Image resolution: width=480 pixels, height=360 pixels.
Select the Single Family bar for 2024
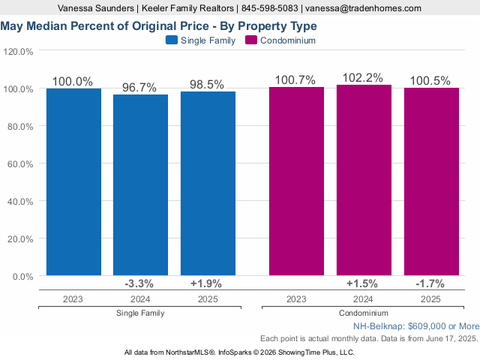(x=140, y=185)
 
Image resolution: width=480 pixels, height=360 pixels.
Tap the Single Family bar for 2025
(x=208, y=184)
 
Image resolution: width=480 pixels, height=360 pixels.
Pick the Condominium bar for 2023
(x=296, y=181)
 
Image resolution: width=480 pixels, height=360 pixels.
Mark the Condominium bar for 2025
(x=431, y=182)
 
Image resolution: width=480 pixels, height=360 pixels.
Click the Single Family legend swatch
(x=172, y=40)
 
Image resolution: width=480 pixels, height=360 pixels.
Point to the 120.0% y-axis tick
(x=19, y=52)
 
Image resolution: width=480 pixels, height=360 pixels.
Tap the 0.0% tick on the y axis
(x=23, y=277)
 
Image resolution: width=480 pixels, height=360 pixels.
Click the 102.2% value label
(x=364, y=78)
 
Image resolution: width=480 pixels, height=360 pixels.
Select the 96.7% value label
(x=140, y=88)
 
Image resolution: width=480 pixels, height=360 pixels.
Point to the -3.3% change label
(x=139, y=284)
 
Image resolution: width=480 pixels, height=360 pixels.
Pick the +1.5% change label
(x=364, y=284)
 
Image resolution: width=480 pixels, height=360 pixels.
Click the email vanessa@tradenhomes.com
(x=363, y=8)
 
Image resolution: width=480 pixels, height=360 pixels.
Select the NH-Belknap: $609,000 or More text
(x=415, y=327)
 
